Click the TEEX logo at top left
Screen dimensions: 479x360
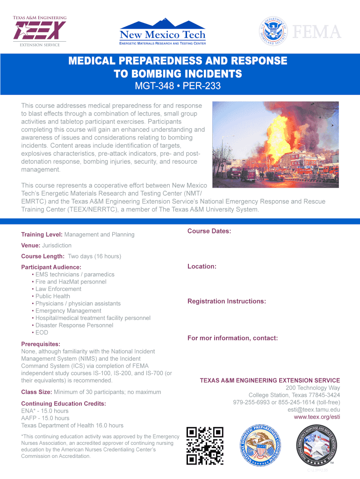[39, 31]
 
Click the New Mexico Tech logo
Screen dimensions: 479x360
[162, 32]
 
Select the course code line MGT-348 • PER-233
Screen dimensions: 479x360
[178, 87]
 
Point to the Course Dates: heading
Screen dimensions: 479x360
[209, 231]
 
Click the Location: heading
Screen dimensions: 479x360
[202, 266]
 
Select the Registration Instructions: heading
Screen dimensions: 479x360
[226, 301]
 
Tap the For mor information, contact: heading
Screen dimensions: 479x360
[232, 338]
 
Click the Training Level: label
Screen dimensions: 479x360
[42, 234]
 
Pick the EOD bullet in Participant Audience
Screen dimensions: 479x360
[42, 333]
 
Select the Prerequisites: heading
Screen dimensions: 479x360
[40, 344]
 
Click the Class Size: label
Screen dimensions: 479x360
[37, 392]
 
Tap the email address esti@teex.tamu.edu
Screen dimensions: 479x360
[313, 410]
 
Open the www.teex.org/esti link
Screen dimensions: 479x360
[317, 417]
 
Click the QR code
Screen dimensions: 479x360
[205, 446]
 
